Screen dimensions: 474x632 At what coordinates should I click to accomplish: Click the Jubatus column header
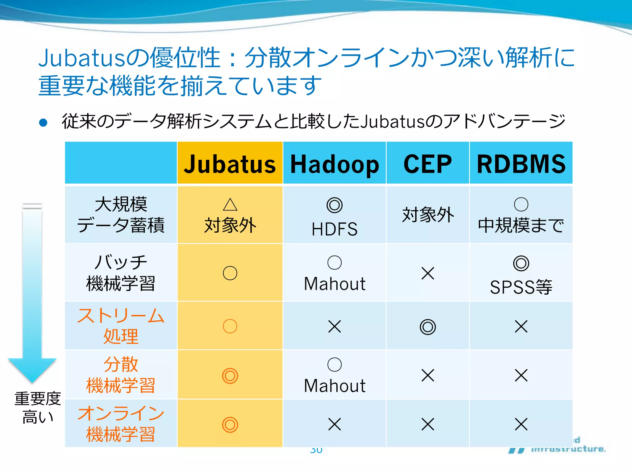(230, 164)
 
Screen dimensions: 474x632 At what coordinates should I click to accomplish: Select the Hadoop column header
(335, 164)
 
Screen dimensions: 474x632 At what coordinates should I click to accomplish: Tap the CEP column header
(428, 164)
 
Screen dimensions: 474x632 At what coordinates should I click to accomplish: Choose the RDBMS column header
(521, 164)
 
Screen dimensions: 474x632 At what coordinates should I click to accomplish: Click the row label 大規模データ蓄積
(121, 214)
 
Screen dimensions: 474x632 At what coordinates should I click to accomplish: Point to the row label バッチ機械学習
(121, 273)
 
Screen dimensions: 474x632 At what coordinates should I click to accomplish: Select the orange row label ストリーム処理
(121, 326)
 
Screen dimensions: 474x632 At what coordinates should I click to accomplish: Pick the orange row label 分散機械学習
(121, 375)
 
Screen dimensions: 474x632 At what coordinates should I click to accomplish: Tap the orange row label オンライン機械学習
(121, 424)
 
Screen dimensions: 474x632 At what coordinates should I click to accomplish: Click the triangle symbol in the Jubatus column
(230, 204)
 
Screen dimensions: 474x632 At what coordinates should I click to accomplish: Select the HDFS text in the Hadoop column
(335, 229)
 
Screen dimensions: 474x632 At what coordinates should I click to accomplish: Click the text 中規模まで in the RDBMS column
(521, 225)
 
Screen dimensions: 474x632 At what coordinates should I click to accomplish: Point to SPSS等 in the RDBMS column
(521, 287)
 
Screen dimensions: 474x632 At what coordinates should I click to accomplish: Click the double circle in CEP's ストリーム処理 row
(428, 327)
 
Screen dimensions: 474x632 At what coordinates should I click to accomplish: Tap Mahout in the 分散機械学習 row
(335, 386)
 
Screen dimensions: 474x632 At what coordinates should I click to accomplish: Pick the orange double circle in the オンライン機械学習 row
(230, 425)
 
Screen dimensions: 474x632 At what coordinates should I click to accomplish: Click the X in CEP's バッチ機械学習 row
(428, 273)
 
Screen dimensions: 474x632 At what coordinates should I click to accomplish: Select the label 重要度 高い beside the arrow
(38, 407)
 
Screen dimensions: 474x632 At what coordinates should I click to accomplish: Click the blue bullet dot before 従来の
(43, 123)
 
